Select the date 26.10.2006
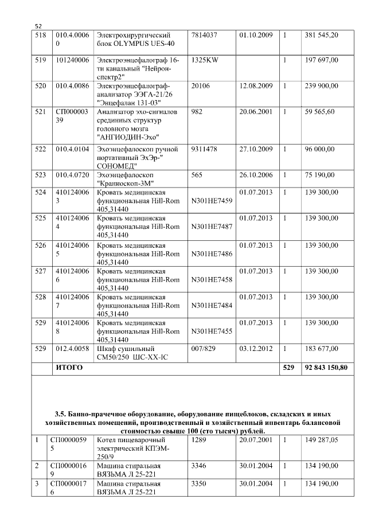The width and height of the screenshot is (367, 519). [256, 175]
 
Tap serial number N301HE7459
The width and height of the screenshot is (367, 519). [212, 201]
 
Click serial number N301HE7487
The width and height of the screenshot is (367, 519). [212, 227]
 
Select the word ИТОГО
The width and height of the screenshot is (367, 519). [68, 367]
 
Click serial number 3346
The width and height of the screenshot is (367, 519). [199, 466]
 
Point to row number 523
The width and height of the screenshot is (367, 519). [41, 175]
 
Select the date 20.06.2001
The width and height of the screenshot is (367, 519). [256, 112]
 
